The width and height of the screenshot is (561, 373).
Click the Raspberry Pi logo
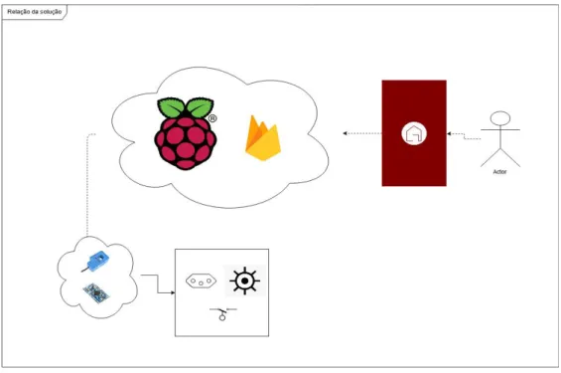point(186,133)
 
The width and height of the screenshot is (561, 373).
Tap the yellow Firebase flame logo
point(263,138)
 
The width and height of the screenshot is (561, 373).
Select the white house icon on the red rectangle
point(414,133)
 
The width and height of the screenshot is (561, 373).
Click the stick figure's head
point(500,118)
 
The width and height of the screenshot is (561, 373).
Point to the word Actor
point(499,172)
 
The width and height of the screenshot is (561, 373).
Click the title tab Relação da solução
point(35,12)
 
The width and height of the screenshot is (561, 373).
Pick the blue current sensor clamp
point(95,262)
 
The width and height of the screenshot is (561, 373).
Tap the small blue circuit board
point(96,293)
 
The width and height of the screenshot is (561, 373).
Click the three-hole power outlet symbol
point(202,281)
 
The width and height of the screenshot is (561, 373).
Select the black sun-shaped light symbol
point(244,280)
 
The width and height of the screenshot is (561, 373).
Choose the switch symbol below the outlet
point(222,313)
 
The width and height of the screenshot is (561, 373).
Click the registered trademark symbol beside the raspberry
point(212,118)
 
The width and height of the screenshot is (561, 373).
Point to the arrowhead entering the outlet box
point(173,292)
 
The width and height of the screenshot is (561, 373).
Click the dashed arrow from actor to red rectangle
point(464,136)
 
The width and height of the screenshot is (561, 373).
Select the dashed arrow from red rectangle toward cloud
point(362,133)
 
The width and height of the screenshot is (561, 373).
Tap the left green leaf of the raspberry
point(171,106)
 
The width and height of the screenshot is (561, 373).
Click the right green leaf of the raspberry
point(200,106)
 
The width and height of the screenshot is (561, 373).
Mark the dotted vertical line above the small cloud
point(87,183)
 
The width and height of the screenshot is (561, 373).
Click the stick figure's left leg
point(491,158)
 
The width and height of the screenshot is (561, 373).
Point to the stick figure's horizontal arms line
point(500,129)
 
